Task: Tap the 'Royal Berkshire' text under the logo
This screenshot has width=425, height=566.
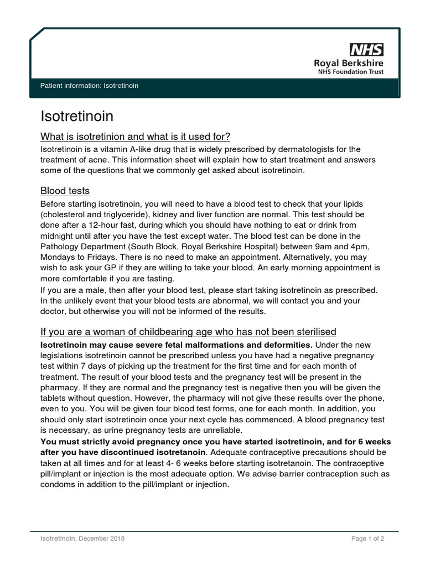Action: coord(349,63)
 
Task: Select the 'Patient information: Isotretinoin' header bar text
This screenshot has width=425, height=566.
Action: coord(89,86)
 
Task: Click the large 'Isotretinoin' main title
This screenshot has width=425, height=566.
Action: coord(77,116)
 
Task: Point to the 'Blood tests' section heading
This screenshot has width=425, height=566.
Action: coord(65,191)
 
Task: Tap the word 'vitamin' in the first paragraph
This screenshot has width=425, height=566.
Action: coord(109,149)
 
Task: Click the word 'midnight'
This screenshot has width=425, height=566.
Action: coord(58,235)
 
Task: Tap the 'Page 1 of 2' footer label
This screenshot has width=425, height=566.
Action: coord(367,539)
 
